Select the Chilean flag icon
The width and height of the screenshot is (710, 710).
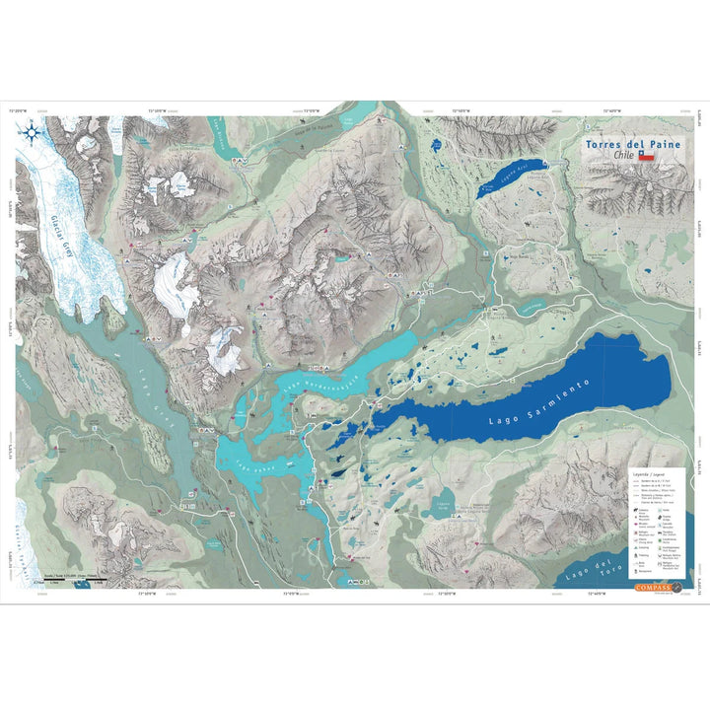coord(647,156)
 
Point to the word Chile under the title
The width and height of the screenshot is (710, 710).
coord(622,156)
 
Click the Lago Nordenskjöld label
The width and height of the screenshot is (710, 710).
coord(320,374)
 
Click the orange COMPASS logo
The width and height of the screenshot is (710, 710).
coord(654,588)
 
